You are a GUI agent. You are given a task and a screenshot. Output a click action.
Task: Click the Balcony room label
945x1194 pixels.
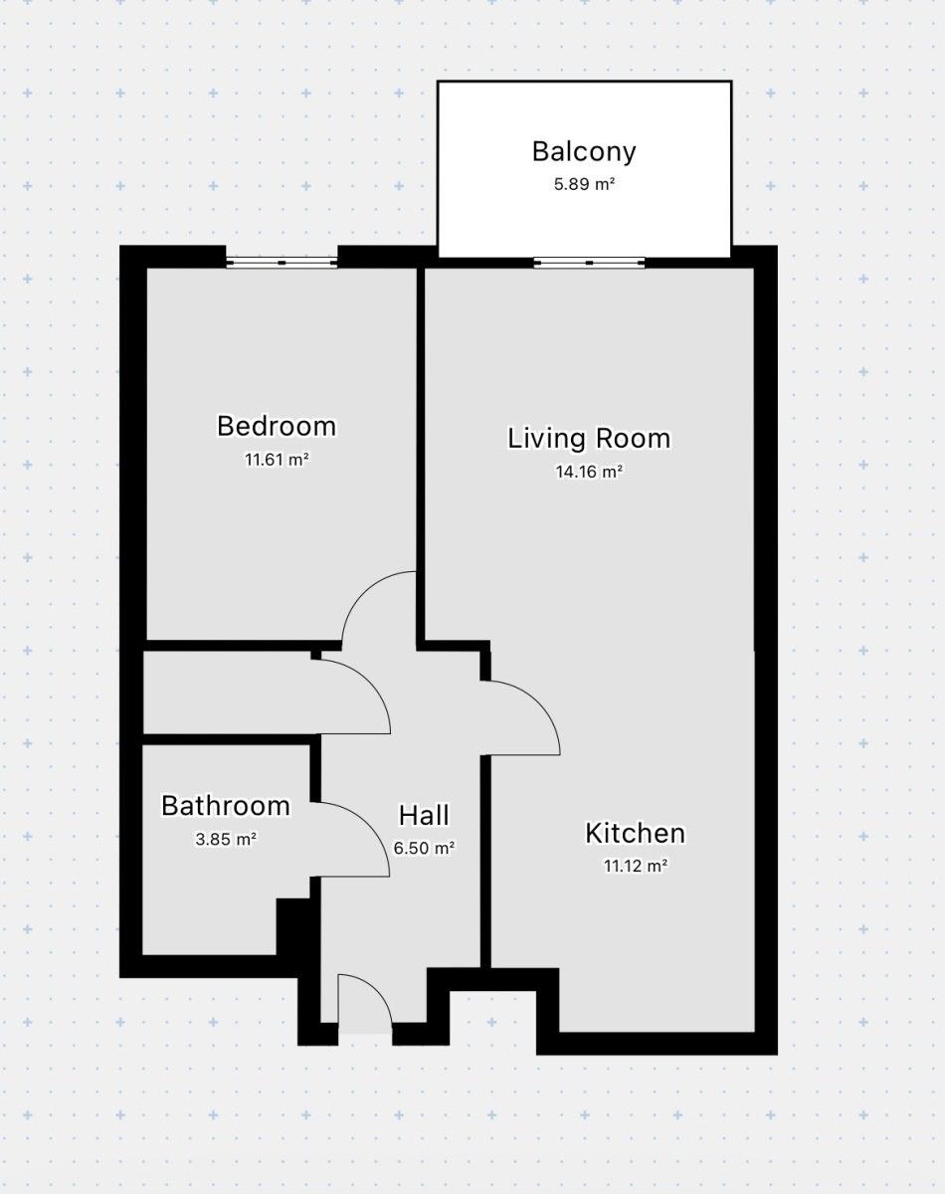pos(584,152)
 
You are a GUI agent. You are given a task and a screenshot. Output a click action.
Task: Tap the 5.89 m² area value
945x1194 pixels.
pos(584,184)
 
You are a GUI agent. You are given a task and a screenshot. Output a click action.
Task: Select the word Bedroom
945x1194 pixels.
pos(277,427)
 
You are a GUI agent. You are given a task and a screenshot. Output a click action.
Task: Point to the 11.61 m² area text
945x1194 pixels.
pos(277,460)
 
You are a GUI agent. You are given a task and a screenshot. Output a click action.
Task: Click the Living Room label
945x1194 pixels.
pos(589,439)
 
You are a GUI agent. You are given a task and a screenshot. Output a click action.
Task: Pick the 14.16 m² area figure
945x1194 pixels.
pos(589,472)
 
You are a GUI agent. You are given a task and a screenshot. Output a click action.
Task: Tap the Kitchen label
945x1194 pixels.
pos(635,833)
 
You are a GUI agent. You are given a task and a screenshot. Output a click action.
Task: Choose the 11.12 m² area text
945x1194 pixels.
pos(635,866)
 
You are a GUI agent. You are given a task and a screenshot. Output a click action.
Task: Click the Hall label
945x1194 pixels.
pos(424,816)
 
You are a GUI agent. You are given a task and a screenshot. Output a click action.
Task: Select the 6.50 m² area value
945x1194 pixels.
pos(424,849)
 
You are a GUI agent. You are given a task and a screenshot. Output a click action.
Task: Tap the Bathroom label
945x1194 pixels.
pos(226,806)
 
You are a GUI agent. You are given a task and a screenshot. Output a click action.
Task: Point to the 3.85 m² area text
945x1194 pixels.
pos(226,839)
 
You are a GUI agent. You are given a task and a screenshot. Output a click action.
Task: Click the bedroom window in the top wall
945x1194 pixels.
pos(282,263)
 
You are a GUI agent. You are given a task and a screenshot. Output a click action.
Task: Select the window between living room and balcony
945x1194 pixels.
pos(589,263)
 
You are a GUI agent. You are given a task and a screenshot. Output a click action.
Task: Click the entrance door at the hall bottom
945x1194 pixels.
pos(364,1005)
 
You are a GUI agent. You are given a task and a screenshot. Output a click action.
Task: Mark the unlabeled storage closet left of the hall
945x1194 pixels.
pos(229,694)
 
